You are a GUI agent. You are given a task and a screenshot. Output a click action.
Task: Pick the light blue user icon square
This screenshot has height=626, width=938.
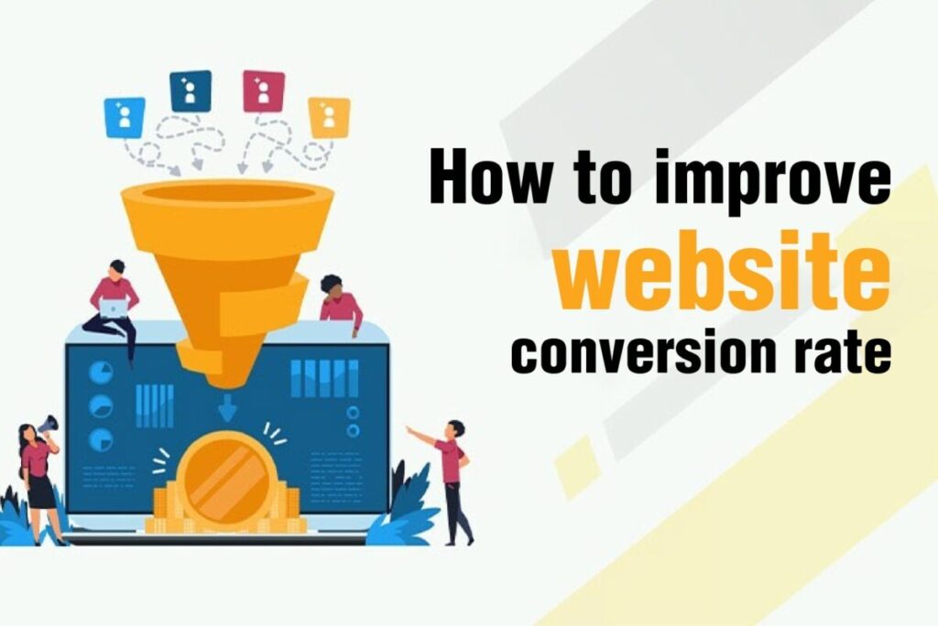pyautogui.click(x=125, y=117)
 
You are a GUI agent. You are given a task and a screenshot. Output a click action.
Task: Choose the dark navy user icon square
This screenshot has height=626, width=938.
pyautogui.click(x=191, y=91)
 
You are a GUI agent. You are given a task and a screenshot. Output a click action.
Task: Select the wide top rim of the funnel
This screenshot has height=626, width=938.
pyautogui.click(x=227, y=194)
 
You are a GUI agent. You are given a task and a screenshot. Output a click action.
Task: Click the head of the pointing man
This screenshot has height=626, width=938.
pyautogui.click(x=455, y=428)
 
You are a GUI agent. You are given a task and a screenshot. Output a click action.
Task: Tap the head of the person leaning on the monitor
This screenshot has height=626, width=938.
pyautogui.click(x=331, y=285)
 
